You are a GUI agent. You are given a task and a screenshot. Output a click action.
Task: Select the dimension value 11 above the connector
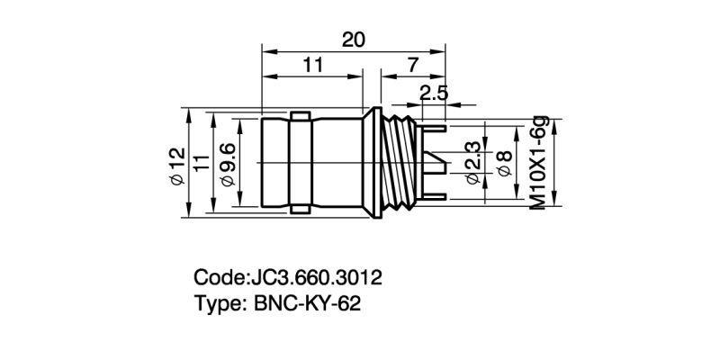(x=312, y=66)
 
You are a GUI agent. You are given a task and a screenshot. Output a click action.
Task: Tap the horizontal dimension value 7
(x=412, y=66)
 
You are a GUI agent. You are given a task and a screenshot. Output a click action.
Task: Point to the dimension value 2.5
(x=434, y=92)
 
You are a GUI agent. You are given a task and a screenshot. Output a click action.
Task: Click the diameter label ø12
(x=177, y=164)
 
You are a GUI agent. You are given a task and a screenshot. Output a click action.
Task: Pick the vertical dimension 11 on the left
(x=202, y=163)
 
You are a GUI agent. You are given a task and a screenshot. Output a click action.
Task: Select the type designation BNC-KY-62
(x=302, y=303)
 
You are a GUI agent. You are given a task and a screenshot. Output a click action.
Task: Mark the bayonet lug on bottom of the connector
(x=300, y=210)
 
